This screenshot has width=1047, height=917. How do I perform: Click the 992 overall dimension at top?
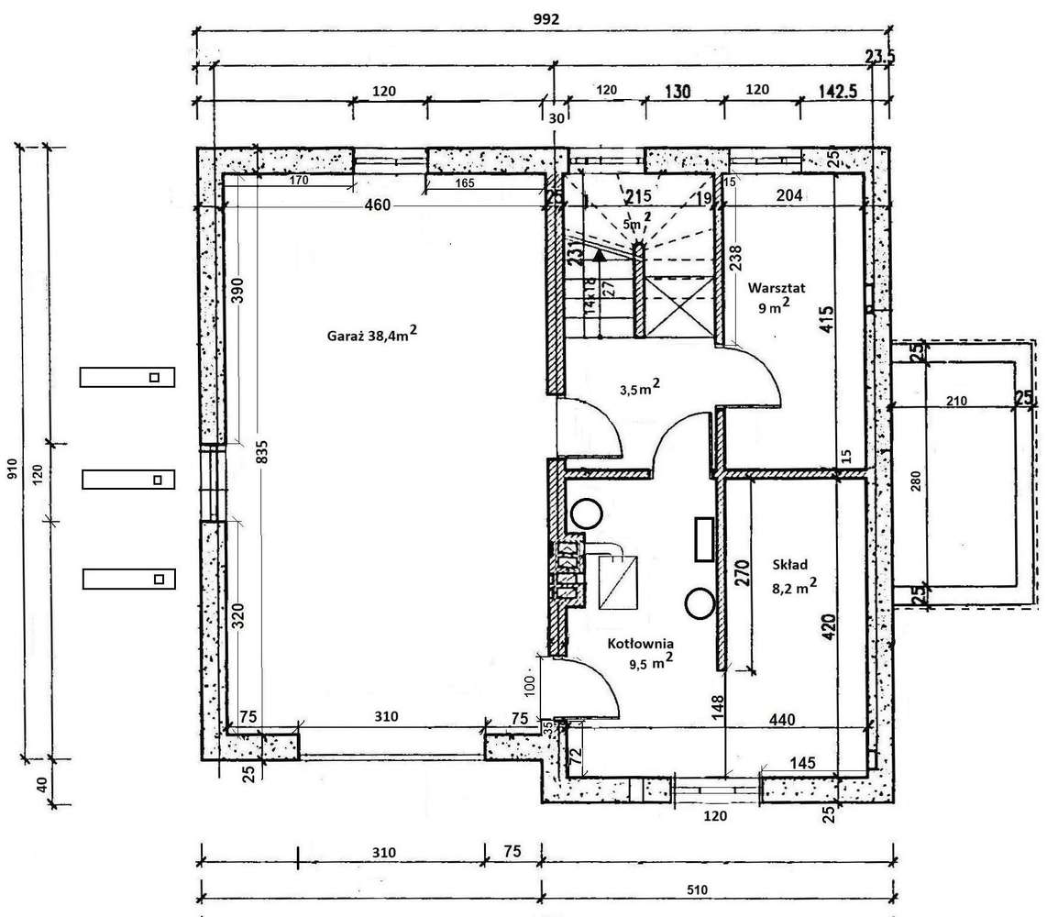(x=546, y=17)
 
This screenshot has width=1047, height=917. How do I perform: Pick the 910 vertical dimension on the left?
(x=12, y=470)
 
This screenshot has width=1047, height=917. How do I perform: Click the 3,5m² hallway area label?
(x=640, y=388)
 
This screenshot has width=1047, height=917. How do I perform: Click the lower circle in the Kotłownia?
(x=700, y=602)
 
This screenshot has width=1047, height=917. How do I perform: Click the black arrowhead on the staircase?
(x=597, y=257)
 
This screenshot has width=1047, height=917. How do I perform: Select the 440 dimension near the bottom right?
(x=782, y=719)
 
